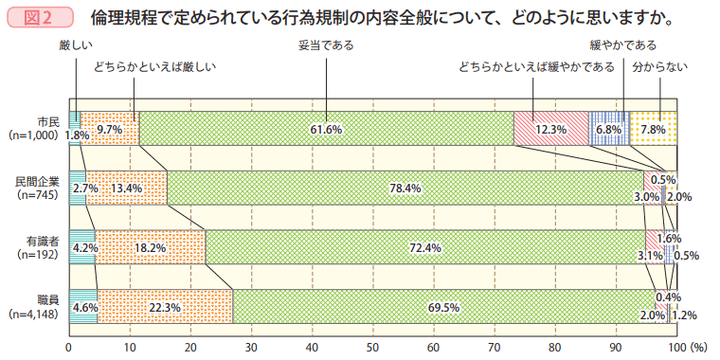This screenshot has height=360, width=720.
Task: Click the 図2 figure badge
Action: pyautogui.click(x=39, y=18)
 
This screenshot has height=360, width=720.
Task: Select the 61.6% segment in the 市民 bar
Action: pyautogui.click(x=326, y=129)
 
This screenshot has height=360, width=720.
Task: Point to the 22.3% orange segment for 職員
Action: pyautogui.click(x=165, y=307)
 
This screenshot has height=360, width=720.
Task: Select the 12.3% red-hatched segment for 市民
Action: pyautogui.click(x=550, y=129)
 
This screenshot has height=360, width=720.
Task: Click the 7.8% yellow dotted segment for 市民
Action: pyautogui.click(x=653, y=129)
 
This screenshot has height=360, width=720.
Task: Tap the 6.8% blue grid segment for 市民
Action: pyautogui.click(x=608, y=129)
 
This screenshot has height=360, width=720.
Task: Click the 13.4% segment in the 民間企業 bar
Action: pyautogui.click(x=126, y=188)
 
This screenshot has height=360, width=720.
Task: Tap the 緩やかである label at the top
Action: pyautogui.click(x=622, y=45)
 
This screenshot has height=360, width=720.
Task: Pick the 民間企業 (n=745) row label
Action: pyautogui.click(x=37, y=188)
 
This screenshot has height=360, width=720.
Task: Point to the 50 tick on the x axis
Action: pyautogui.click(x=372, y=348)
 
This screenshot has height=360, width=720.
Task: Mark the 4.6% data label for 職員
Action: pyautogui.click(x=85, y=307)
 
